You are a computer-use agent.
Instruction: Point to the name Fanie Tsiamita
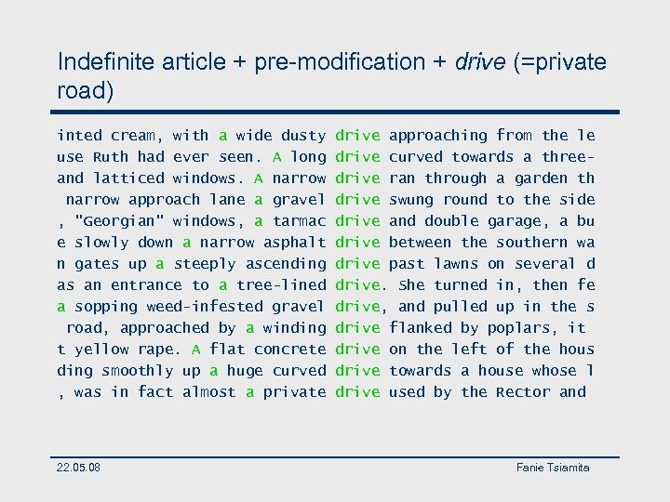click(553, 467)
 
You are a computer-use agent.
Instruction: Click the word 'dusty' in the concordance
click(303, 136)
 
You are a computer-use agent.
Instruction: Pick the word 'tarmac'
click(299, 221)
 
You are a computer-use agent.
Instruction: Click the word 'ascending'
click(285, 264)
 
